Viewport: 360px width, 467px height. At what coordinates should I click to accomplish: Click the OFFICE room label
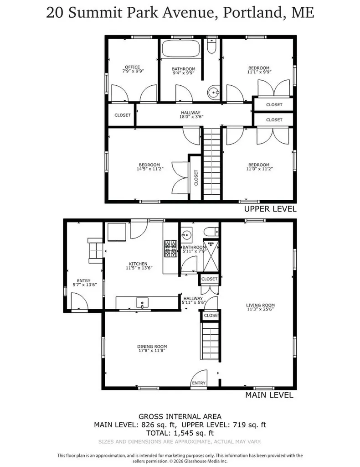[x=133, y=69]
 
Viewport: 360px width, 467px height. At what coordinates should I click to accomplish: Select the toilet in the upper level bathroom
[x=211, y=46]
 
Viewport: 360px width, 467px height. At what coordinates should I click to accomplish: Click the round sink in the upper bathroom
[x=213, y=93]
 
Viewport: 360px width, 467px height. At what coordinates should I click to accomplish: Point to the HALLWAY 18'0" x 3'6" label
[x=191, y=114]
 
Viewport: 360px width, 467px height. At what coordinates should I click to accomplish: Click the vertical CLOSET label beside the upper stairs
[x=196, y=177]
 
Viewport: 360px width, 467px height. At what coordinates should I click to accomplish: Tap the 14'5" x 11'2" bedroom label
[x=149, y=167]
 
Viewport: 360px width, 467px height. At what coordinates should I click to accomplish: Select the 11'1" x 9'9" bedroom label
[x=259, y=70]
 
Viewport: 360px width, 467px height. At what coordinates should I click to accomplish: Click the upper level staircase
[x=212, y=164]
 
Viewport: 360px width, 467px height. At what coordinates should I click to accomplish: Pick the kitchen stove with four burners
[x=170, y=249]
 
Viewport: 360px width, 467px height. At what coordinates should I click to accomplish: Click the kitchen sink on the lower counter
[x=142, y=303]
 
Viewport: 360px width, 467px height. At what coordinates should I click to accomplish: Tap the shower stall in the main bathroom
[x=211, y=257]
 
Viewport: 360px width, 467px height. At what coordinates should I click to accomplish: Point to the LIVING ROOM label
[x=260, y=307]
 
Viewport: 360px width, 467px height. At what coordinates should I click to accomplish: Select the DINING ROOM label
[x=152, y=348]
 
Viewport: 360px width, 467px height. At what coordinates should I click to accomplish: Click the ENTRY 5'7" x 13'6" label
[x=83, y=283]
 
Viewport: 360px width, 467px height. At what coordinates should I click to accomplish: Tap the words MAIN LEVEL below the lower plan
[x=269, y=395]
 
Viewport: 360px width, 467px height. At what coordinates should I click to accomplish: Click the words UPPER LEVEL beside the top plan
[x=270, y=209]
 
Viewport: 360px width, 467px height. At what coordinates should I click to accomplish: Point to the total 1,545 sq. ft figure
[x=180, y=433]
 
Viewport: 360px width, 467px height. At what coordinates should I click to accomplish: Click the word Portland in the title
[x=253, y=13]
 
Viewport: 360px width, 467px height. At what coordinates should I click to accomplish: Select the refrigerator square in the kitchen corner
[x=117, y=231]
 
